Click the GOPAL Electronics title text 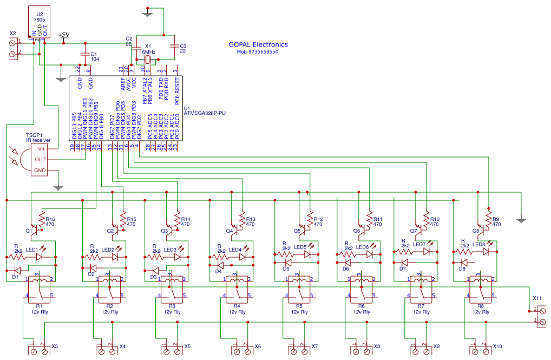258,45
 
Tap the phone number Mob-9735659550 257,52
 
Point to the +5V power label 64,35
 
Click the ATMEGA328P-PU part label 205,113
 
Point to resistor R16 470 43,220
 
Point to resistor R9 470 489,220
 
